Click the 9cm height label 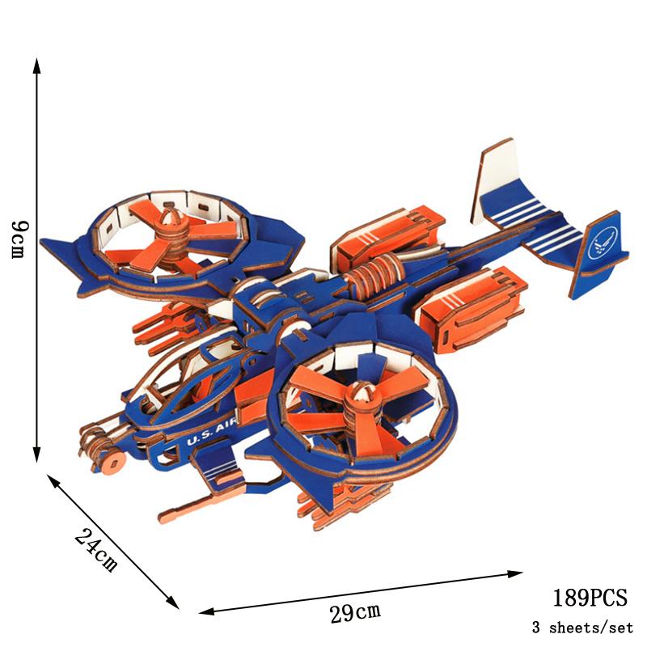pyautogui.click(x=19, y=239)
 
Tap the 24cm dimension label pyautogui.click(x=95, y=550)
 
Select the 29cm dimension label pyautogui.click(x=355, y=613)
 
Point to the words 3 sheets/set pyautogui.click(x=582, y=628)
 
